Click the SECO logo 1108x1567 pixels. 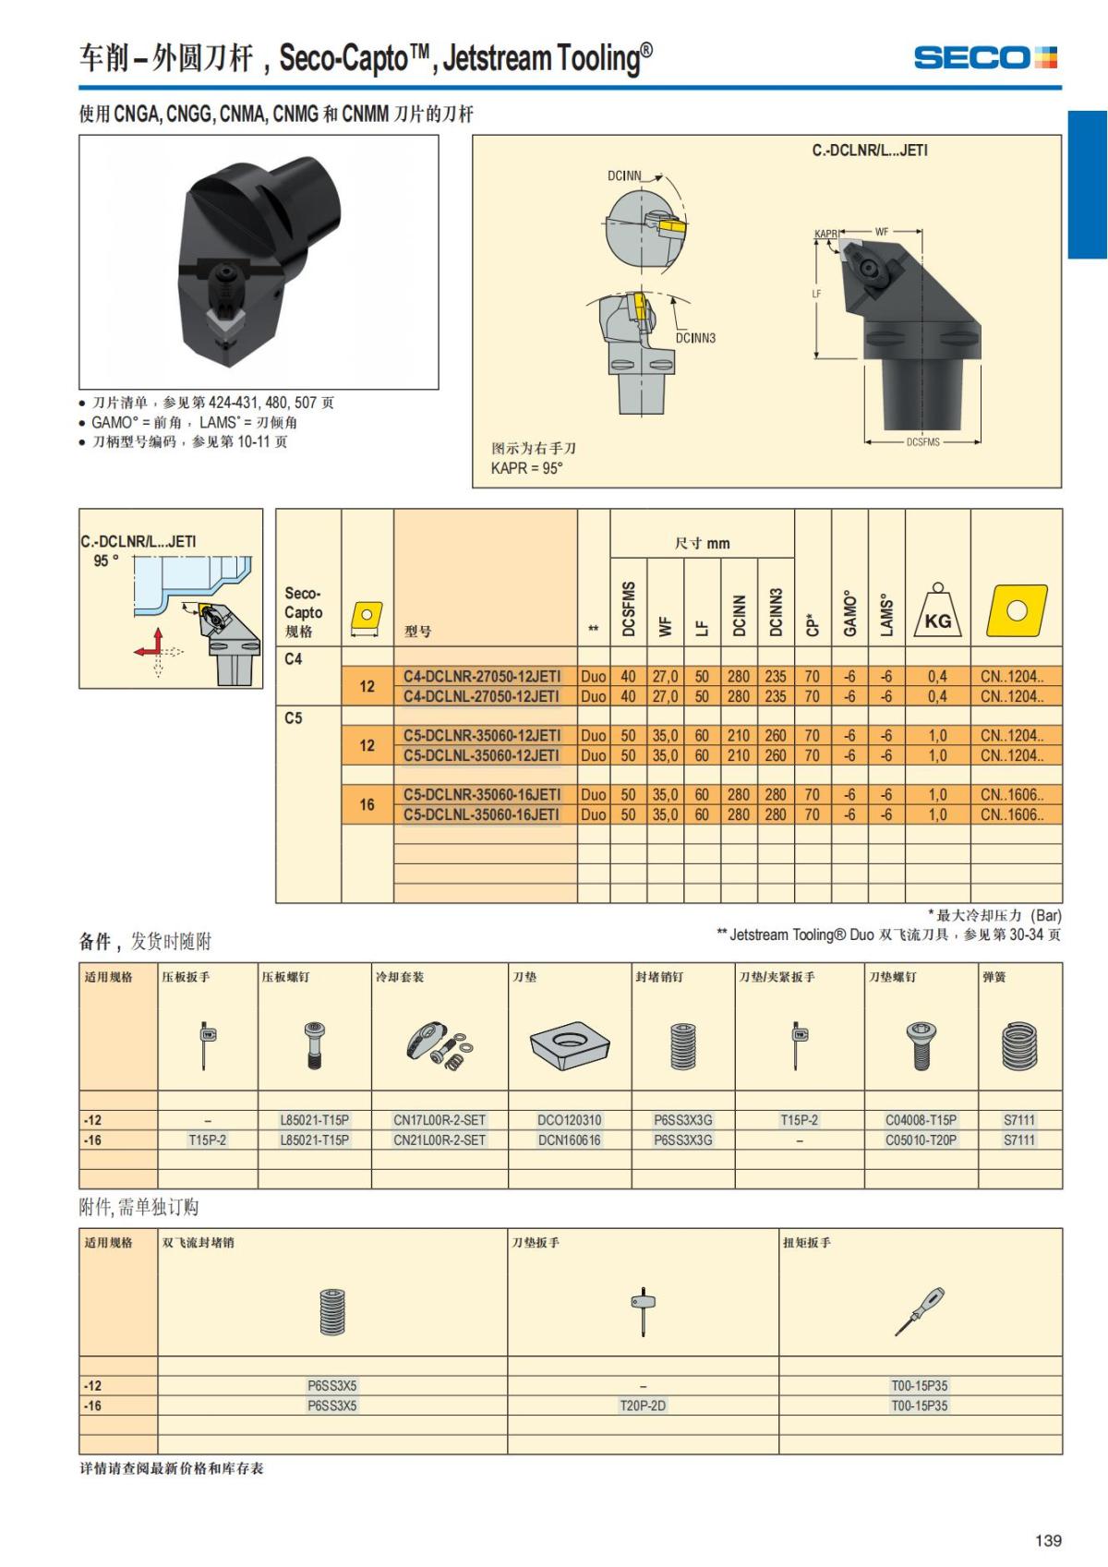985,57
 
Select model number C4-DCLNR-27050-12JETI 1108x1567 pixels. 482,677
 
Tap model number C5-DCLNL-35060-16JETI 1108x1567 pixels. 481,814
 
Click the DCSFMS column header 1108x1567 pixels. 629,609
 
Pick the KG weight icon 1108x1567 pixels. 937,610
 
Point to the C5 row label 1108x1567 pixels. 294,717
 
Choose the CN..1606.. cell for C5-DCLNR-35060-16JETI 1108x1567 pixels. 1011,795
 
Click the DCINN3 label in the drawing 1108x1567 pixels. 695,338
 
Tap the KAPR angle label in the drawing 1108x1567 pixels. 825,234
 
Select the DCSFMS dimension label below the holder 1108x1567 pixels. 922,442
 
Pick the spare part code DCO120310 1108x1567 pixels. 570,1120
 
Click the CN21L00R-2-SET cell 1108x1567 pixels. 440,1139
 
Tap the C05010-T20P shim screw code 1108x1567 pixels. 921,1139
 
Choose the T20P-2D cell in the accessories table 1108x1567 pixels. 643,1405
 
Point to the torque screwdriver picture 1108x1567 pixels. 920,1311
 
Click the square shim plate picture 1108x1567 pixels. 570,1046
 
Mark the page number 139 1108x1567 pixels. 1048,1539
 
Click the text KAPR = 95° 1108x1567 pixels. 526,468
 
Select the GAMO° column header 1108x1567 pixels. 849,613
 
